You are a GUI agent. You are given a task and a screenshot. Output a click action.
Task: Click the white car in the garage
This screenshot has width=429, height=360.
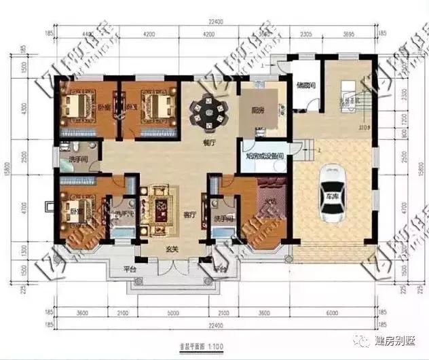(335, 194)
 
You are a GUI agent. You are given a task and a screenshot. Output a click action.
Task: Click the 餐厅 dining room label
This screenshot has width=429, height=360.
(208, 144)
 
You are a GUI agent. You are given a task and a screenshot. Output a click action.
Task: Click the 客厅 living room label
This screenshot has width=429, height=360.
(189, 214)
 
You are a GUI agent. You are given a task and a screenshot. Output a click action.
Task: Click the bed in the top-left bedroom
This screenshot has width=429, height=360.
(80, 107)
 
